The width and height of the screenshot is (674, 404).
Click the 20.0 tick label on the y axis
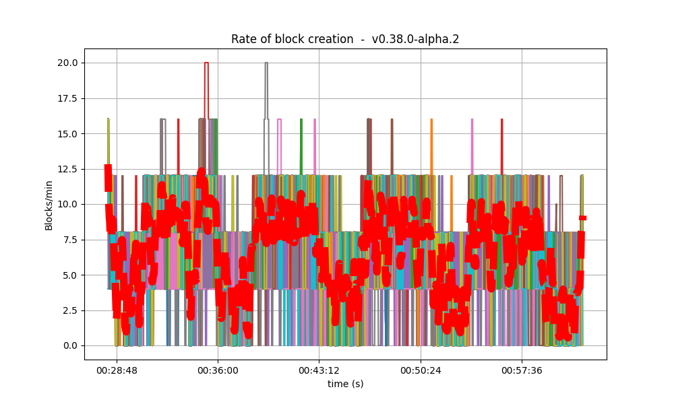[x=67, y=63]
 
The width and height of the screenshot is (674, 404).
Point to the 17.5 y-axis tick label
[x=67, y=98]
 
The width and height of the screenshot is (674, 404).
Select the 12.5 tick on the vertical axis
[x=67, y=169]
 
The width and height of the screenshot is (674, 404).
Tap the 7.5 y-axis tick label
[x=69, y=240]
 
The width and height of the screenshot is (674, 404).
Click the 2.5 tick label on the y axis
[x=69, y=310]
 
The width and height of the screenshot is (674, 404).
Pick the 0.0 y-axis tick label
[x=69, y=345]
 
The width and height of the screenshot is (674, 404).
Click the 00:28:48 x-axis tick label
[x=117, y=370]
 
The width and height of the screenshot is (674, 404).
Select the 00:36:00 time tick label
[x=218, y=370]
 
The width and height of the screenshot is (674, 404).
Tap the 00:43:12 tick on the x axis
[x=319, y=370]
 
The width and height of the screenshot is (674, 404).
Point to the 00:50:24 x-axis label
[x=421, y=370]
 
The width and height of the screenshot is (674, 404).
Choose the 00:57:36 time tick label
[x=522, y=370]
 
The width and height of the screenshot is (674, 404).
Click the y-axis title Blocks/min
[x=49, y=205]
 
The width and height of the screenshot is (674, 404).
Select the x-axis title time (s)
[x=345, y=384]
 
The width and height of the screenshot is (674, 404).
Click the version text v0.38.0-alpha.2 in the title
[x=415, y=39]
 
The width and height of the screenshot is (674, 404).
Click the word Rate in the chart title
[x=243, y=39]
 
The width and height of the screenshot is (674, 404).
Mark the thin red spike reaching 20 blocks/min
[x=206, y=63]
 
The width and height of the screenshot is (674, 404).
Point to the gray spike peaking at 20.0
[x=266, y=63]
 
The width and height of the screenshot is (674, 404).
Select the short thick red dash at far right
[x=582, y=217]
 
